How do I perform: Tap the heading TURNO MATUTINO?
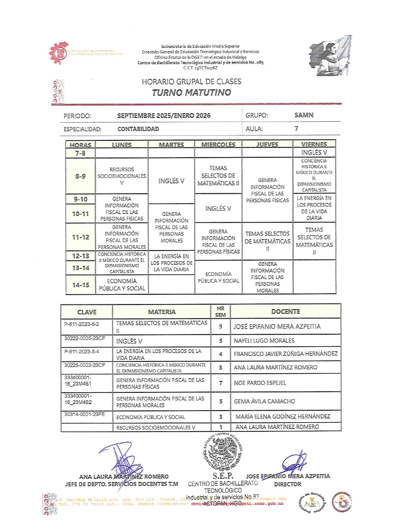(x=191, y=93)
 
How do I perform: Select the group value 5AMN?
(x=304, y=115)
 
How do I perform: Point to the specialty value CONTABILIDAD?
(x=138, y=129)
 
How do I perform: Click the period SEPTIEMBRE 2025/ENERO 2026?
(x=164, y=116)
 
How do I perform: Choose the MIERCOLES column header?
(x=218, y=145)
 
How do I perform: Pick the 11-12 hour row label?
(x=80, y=237)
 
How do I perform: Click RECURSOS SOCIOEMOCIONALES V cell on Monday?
(x=122, y=176)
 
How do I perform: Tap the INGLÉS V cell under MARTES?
(x=171, y=181)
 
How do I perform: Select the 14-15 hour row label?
(x=80, y=285)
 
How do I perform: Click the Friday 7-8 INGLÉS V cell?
(x=314, y=152)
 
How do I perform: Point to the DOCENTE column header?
(x=285, y=311)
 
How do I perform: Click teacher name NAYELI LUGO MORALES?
(x=264, y=340)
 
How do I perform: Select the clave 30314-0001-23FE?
(x=85, y=414)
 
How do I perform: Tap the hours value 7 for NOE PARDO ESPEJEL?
(x=220, y=383)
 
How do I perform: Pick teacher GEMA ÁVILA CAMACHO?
(x=264, y=401)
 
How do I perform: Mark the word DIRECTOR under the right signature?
(x=288, y=484)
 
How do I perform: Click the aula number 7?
(x=297, y=128)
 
